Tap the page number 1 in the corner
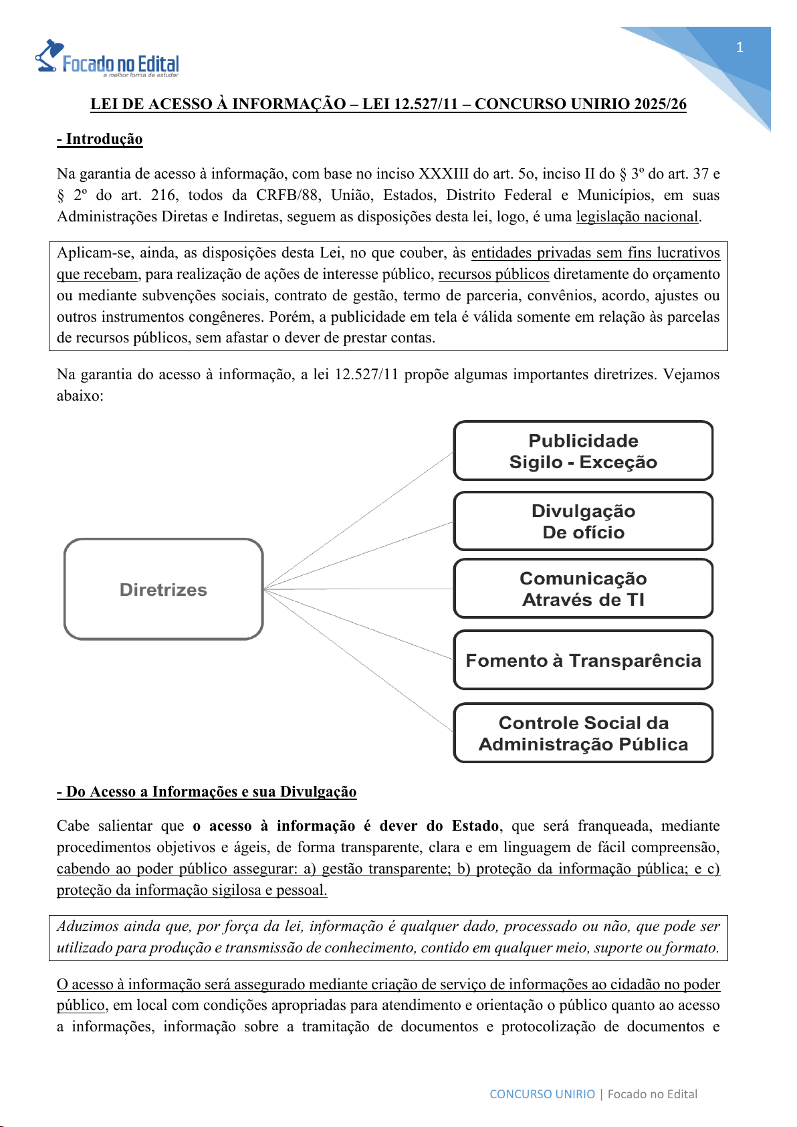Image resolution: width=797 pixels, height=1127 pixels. tap(739, 47)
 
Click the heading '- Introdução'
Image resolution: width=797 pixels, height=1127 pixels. tap(100, 139)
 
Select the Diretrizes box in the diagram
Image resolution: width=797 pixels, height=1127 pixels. tap(163, 589)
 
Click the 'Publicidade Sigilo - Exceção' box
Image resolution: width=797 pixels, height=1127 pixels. tap(583, 451)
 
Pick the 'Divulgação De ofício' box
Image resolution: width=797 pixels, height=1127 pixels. tap(583, 522)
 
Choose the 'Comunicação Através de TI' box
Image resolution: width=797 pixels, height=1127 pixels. tap(583, 589)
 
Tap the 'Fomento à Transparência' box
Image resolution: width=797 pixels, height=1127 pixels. tap(583, 660)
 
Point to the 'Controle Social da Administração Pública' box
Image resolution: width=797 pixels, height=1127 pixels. tap(583, 733)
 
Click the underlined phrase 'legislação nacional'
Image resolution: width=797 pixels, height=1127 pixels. tap(637, 217)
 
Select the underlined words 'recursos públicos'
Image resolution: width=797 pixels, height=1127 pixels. tap(493, 274)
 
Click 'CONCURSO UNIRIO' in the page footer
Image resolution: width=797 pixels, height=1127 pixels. tap(542, 1094)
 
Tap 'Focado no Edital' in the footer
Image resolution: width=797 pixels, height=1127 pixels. tap(652, 1094)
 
